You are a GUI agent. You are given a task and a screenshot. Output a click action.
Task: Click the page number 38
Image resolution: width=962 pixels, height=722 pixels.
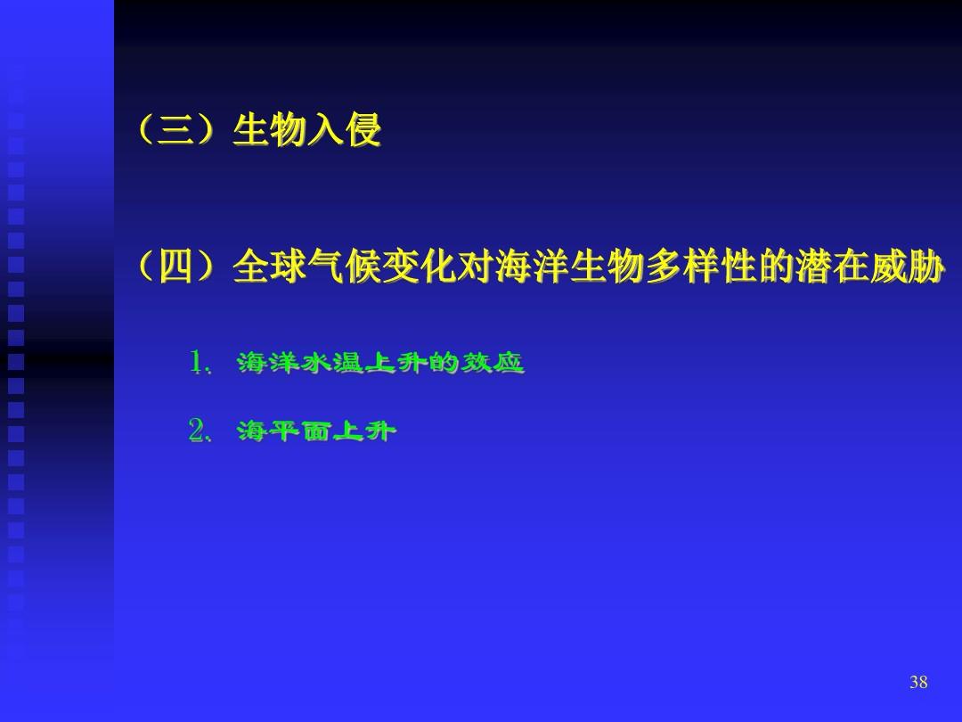coord(917,682)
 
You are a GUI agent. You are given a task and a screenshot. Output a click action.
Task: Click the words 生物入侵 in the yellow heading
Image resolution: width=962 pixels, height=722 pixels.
coord(306,129)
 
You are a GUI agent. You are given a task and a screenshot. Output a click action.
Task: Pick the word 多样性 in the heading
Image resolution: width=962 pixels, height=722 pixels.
coord(700,267)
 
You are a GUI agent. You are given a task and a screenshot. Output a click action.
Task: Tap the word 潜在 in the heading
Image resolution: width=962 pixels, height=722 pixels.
coord(831,267)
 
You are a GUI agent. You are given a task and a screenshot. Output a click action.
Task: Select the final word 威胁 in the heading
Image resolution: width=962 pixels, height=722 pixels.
coord(906,267)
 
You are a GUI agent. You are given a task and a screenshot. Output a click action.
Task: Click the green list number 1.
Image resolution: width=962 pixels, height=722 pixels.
coord(197,362)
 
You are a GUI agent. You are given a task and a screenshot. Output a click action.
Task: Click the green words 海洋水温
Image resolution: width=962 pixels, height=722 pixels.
coord(301,362)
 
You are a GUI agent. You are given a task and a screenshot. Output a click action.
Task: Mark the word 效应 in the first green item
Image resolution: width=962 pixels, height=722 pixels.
coord(493,362)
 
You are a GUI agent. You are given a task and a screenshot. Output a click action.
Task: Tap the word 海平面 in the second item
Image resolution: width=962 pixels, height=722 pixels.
coord(285,431)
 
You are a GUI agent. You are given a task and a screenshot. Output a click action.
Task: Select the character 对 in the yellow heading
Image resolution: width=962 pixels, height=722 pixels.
coord(476,267)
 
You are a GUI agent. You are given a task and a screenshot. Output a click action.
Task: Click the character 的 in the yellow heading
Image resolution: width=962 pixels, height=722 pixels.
coord(776,267)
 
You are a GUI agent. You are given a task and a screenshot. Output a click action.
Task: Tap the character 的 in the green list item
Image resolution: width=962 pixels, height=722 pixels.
coord(444,362)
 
